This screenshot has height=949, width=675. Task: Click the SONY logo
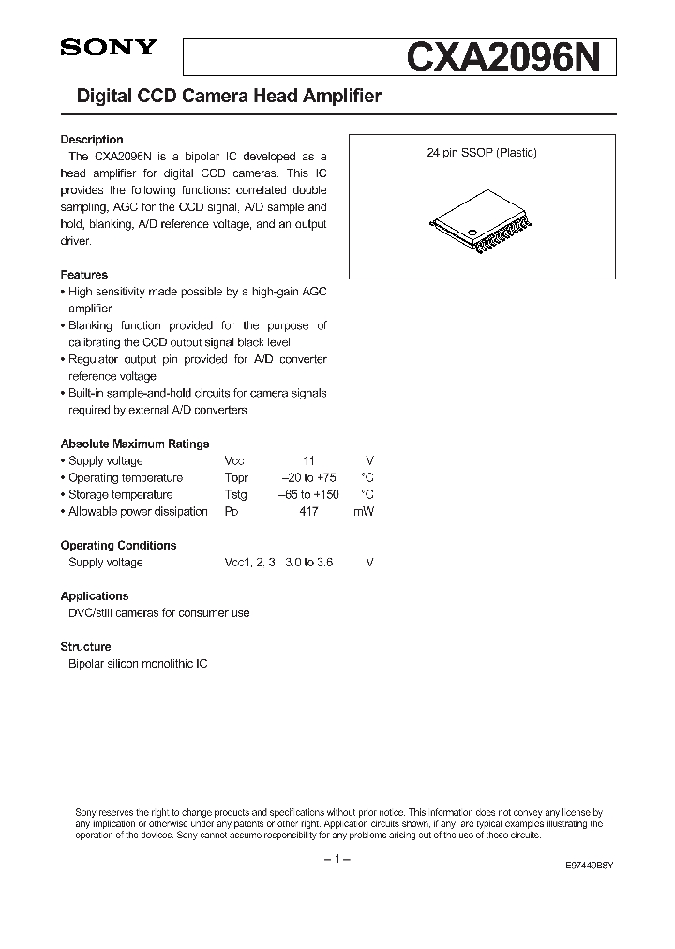pyautogui.click(x=109, y=49)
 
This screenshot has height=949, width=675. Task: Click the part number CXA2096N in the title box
pyautogui.click(x=509, y=57)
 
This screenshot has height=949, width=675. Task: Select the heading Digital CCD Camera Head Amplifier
pyautogui.click(x=221, y=97)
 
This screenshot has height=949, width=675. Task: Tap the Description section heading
pyautogui.click(x=92, y=140)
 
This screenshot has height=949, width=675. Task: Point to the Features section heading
pyautogui.click(x=84, y=275)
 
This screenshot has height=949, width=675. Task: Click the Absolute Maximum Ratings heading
pyautogui.click(x=135, y=444)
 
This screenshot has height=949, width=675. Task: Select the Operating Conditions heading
pyautogui.click(x=118, y=545)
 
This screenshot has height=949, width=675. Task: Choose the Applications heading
pyautogui.click(x=95, y=595)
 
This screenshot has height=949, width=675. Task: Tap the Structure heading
pyautogui.click(x=86, y=646)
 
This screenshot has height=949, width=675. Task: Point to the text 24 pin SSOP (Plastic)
pyautogui.click(x=482, y=153)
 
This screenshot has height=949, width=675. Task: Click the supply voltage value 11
pyautogui.click(x=308, y=460)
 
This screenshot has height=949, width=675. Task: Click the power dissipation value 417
pyautogui.click(x=308, y=511)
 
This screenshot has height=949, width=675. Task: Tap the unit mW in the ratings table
pyautogui.click(x=364, y=511)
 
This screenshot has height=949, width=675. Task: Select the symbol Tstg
pyautogui.click(x=236, y=494)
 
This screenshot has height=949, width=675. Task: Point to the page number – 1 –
pyautogui.click(x=337, y=859)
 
